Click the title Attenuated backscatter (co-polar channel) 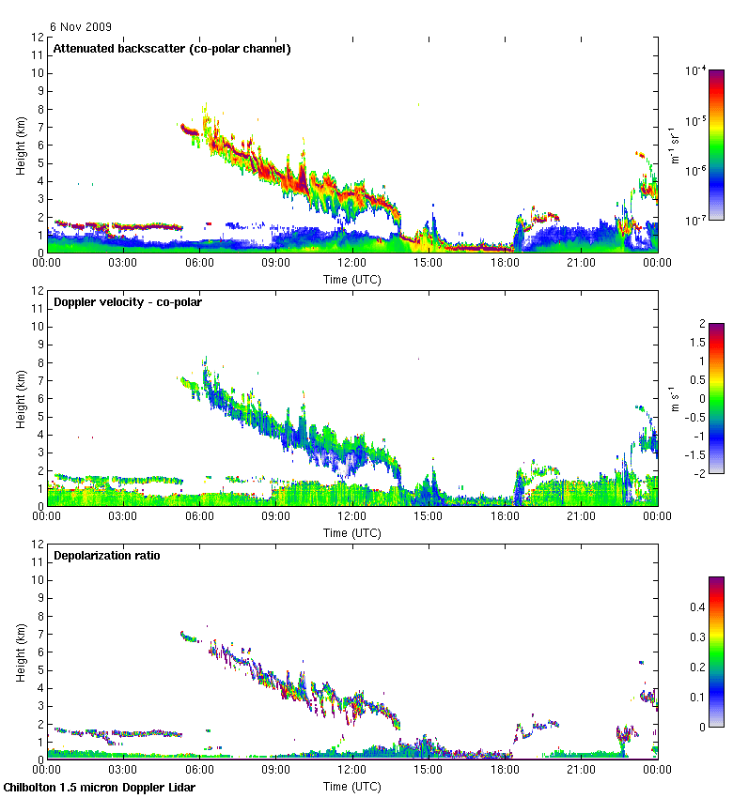[x=171, y=48]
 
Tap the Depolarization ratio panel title [x=106, y=555]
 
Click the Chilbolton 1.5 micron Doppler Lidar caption [x=100, y=787]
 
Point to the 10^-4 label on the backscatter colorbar [x=694, y=70]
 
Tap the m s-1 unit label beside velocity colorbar [x=675, y=398]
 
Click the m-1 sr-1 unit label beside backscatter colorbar [x=675, y=146]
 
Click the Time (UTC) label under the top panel [x=352, y=279]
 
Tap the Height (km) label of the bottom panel [x=21, y=652]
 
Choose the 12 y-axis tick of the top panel [x=37, y=38]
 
